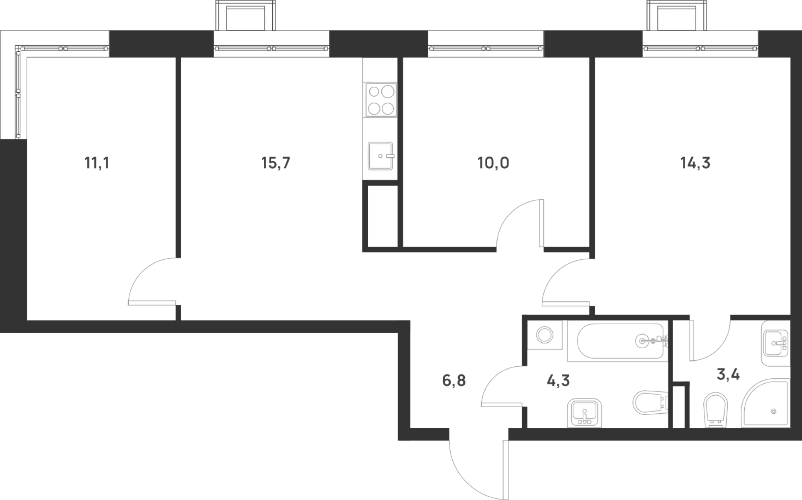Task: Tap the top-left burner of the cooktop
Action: [x=374, y=92]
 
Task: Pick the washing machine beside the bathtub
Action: [x=545, y=335]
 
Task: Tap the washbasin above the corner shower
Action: [x=776, y=343]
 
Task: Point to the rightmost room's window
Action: [x=700, y=44]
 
